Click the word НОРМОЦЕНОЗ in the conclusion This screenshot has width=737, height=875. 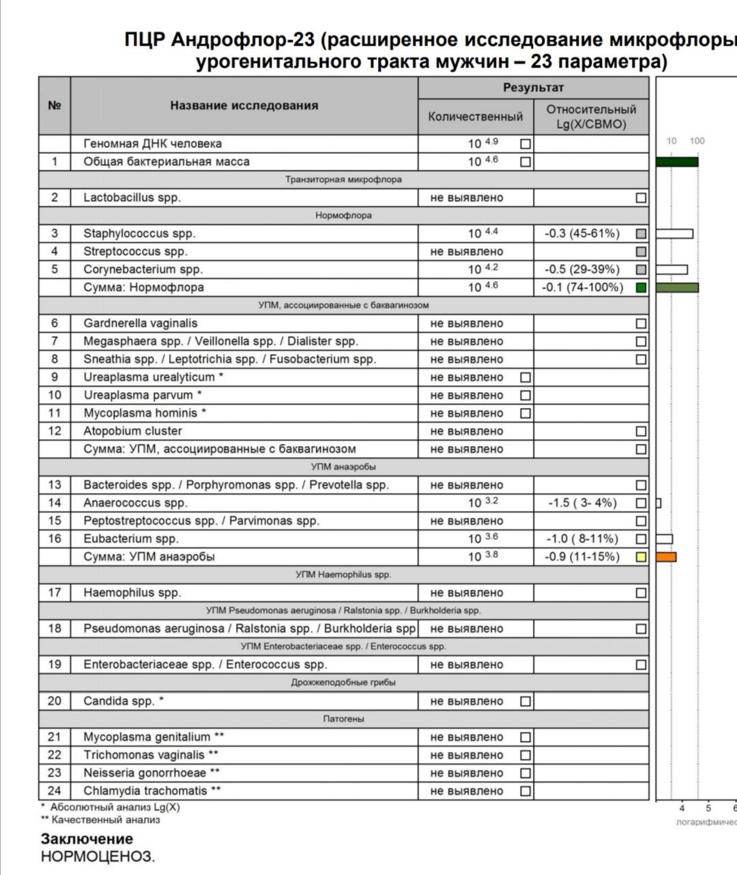(98, 857)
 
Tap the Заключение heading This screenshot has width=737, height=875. (87, 839)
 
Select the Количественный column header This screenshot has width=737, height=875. (475, 117)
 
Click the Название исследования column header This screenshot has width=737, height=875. (244, 106)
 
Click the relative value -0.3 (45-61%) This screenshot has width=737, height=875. (582, 234)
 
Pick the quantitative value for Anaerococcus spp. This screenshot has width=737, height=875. (482, 503)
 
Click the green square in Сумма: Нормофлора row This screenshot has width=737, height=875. (641, 288)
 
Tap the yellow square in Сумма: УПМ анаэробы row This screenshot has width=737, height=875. (641, 557)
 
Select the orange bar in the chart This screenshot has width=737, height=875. (666, 557)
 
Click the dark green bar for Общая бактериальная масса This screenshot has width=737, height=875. (676, 162)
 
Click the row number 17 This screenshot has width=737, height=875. (55, 593)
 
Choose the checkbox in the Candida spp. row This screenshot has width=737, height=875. (525, 701)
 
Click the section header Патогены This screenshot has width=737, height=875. (343, 719)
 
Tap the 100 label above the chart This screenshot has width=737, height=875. (697, 141)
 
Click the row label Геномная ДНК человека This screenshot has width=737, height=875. (152, 144)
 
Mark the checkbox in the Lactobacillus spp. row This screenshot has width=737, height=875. (641, 198)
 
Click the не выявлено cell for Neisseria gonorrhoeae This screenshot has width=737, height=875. (467, 773)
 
